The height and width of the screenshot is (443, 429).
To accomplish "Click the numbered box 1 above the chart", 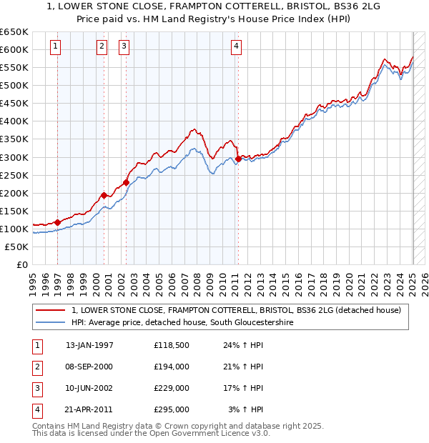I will coord(56,47).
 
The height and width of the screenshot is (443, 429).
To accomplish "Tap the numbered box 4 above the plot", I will coord(236,47).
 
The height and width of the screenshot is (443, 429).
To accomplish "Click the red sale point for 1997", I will coord(57,222).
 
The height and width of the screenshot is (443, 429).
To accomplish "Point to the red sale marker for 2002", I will coord(126,182).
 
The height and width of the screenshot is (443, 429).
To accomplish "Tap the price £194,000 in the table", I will coord(172,367).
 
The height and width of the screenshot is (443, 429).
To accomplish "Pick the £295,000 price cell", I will coord(172,409).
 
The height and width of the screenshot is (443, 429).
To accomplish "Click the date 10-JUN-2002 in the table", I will coord(89,388).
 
